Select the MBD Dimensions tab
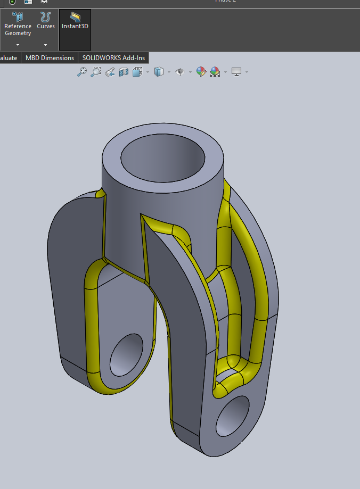[x=50, y=57]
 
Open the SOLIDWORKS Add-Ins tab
[x=113, y=57]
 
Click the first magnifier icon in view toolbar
[x=82, y=72]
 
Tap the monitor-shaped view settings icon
[x=237, y=71]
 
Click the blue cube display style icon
[x=158, y=72]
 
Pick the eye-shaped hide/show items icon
[x=180, y=72]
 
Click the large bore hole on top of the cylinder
[x=162, y=157]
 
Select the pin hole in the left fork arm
[x=127, y=354]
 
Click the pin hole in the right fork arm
[x=233, y=417]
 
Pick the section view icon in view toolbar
[x=124, y=72]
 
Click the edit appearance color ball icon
[x=201, y=72]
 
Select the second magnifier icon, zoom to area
[x=96, y=72]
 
